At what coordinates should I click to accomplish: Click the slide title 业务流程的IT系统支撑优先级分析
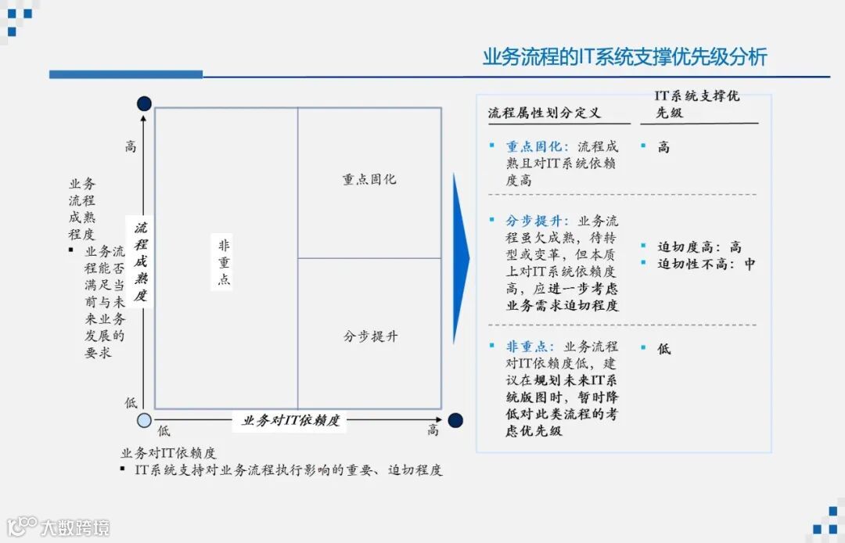tap(624, 57)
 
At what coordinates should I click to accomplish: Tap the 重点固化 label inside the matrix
tap(369, 179)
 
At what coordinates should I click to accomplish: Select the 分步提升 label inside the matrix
tap(370, 336)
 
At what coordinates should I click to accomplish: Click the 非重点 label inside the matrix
tap(224, 262)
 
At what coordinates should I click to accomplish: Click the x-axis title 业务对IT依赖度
tap(291, 421)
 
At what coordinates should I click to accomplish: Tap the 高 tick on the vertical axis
tap(131, 146)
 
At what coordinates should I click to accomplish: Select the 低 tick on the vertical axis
tap(131, 402)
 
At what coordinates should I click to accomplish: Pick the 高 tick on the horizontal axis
tap(433, 430)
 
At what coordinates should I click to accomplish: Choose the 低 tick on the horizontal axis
tap(164, 430)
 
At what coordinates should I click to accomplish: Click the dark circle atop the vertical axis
tap(144, 103)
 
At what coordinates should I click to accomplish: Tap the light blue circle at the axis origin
tap(144, 420)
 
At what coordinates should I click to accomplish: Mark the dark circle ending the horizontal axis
tap(455, 420)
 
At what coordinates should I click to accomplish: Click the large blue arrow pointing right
tap(462, 258)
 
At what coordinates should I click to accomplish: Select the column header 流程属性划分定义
tap(545, 113)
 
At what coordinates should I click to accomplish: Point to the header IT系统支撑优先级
tap(697, 104)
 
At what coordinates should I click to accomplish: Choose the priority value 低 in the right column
tap(664, 348)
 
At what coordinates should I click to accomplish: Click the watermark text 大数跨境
tap(75, 527)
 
